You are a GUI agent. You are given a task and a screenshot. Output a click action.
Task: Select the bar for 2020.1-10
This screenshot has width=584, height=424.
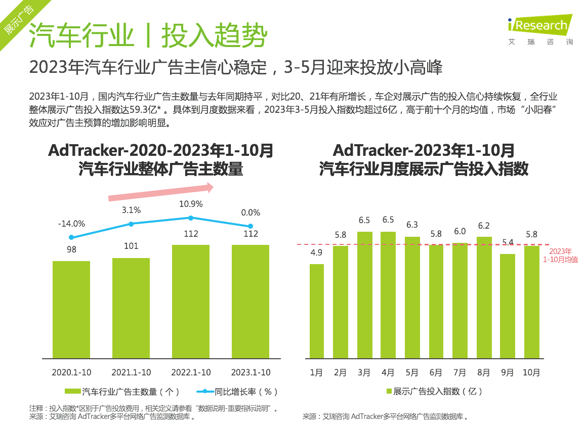[x=71, y=309]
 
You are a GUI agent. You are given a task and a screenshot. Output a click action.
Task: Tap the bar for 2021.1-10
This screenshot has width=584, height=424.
[x=131, y=308]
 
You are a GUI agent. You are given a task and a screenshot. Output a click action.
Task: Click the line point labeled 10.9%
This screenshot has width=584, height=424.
[x=191, y=218]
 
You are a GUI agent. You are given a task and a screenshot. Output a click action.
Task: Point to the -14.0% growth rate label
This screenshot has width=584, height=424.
[x=71, y=224]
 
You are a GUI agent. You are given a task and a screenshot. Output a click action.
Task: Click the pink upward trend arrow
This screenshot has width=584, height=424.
[x=160, y=193]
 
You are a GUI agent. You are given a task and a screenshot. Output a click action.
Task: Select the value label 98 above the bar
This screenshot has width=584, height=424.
[x=71, y=249]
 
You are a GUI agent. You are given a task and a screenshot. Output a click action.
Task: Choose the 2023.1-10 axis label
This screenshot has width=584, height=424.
[x=251, y=372]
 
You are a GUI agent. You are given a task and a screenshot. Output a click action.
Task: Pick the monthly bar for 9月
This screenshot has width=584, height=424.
[x=508, y=306]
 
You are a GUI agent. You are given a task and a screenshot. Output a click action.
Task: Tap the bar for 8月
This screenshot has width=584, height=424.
[x=484, y=297]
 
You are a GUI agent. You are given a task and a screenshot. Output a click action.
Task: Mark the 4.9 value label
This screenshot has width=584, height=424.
[x=316, y=252]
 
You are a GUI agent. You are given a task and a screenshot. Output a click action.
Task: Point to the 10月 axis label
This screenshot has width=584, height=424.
[x=531, y=373]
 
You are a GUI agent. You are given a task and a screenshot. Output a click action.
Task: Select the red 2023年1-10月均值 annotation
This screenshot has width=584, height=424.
[x=560, y=256]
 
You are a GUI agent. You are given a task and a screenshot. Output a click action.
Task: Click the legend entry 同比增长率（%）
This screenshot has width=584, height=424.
[x=240, y=392]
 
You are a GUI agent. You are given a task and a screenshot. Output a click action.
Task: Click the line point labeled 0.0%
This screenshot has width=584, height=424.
[x=251, y=226]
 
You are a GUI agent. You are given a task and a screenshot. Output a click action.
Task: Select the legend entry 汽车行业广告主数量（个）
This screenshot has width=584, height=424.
[x=124, y=392]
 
